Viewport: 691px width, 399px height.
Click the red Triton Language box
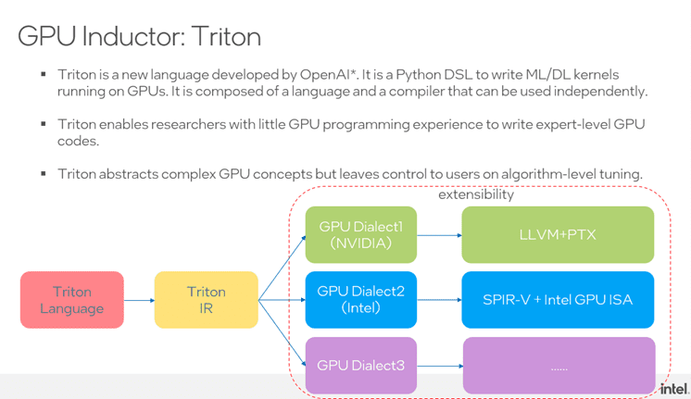coord(72,300)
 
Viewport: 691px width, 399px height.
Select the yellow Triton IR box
coord(206,300)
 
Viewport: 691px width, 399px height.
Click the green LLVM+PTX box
coord(558,235)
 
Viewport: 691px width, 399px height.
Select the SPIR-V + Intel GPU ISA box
coord(558,300)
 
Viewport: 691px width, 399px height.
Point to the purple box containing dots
coord(558,366)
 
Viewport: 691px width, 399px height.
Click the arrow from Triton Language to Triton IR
coord(139,300)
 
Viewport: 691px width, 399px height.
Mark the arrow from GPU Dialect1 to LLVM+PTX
coord(439,235)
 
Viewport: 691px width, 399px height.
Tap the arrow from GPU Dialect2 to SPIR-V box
coord(439,300)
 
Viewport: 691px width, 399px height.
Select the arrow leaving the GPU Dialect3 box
coord(439,366)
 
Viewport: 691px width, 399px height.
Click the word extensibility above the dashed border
coord(476,194)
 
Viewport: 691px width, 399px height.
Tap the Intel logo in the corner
coord(673,388)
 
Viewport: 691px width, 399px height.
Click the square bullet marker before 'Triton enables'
coord(44,124)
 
